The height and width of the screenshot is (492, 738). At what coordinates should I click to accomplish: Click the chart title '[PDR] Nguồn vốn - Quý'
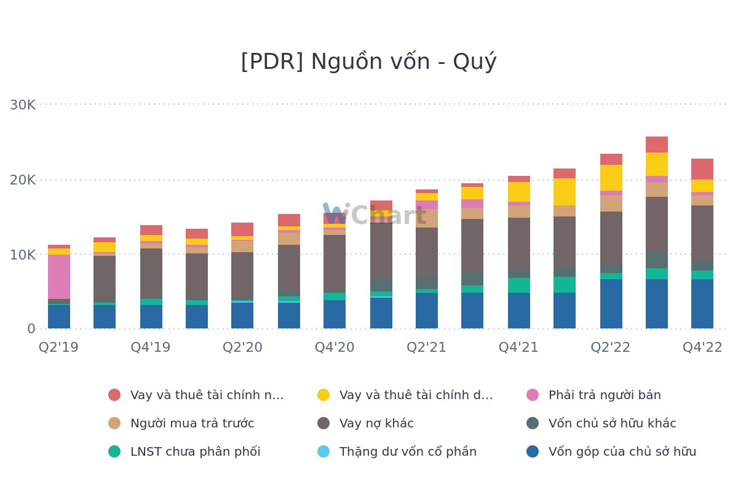point(368,62)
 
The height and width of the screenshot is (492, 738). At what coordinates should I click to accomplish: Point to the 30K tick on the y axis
point(23,105)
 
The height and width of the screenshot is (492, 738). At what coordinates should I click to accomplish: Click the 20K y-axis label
point(23,180)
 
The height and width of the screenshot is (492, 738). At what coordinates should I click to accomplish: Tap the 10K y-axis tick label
point(23,255)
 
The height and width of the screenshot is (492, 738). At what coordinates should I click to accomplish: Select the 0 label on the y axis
point(31,329)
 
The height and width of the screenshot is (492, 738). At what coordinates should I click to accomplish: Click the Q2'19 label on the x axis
point(58,347)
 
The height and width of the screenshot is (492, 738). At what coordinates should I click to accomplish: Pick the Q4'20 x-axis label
point(335,347)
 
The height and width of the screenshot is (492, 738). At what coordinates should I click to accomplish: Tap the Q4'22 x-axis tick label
point(702,347)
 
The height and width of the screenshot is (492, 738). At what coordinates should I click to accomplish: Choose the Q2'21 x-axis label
point(426,347)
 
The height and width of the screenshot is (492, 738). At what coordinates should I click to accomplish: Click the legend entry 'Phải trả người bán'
point(604,395)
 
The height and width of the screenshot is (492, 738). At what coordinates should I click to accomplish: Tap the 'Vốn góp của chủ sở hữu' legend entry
point(622,452)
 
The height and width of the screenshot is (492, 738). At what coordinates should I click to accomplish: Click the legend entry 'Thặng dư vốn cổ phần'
point(407,452)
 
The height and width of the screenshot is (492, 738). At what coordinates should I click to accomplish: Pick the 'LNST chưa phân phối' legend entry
point(195,452)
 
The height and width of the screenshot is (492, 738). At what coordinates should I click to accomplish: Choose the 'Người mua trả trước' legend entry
point(192,424)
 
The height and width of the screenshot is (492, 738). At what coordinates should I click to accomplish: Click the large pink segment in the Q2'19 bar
point(59,277)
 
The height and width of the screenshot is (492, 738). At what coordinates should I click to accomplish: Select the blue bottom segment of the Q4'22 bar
point(702,304)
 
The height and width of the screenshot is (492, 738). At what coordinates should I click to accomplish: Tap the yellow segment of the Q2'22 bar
point(611,178)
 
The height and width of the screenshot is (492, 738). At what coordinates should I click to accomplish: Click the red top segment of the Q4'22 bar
point(702,169)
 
